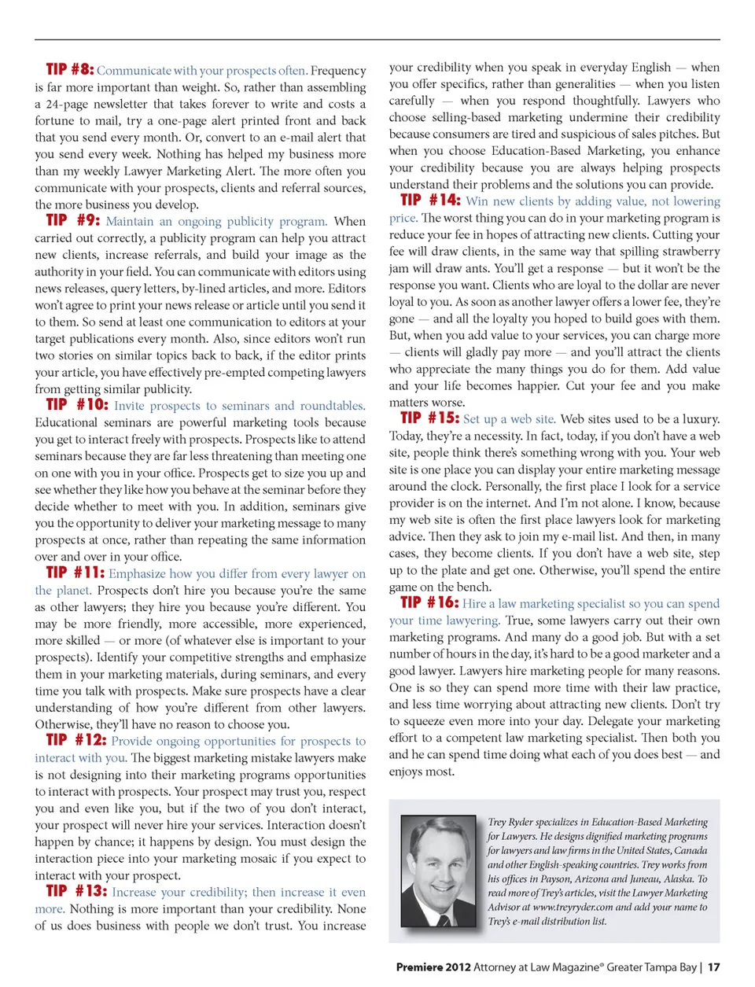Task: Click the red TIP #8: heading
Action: (x=69, y=69)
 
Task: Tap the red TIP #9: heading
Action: (x=72, y=220)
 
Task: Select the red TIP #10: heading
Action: (x=76, y=404)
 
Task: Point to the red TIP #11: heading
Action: (x=75, y=573)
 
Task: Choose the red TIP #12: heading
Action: (x=75, y=740)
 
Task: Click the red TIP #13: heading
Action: (x=75, y=891)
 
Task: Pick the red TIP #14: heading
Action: (x=430, y=200)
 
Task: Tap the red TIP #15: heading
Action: (x=429, y=418)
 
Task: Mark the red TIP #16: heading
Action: (x=429, y=602)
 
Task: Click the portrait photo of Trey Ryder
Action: (x=439, y=870)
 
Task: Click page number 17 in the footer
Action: (x=713, y=967)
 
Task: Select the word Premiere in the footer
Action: (x=419, y=967)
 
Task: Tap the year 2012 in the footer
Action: (x=458, y=967)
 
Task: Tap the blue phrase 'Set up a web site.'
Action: (x=510, y=419)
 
